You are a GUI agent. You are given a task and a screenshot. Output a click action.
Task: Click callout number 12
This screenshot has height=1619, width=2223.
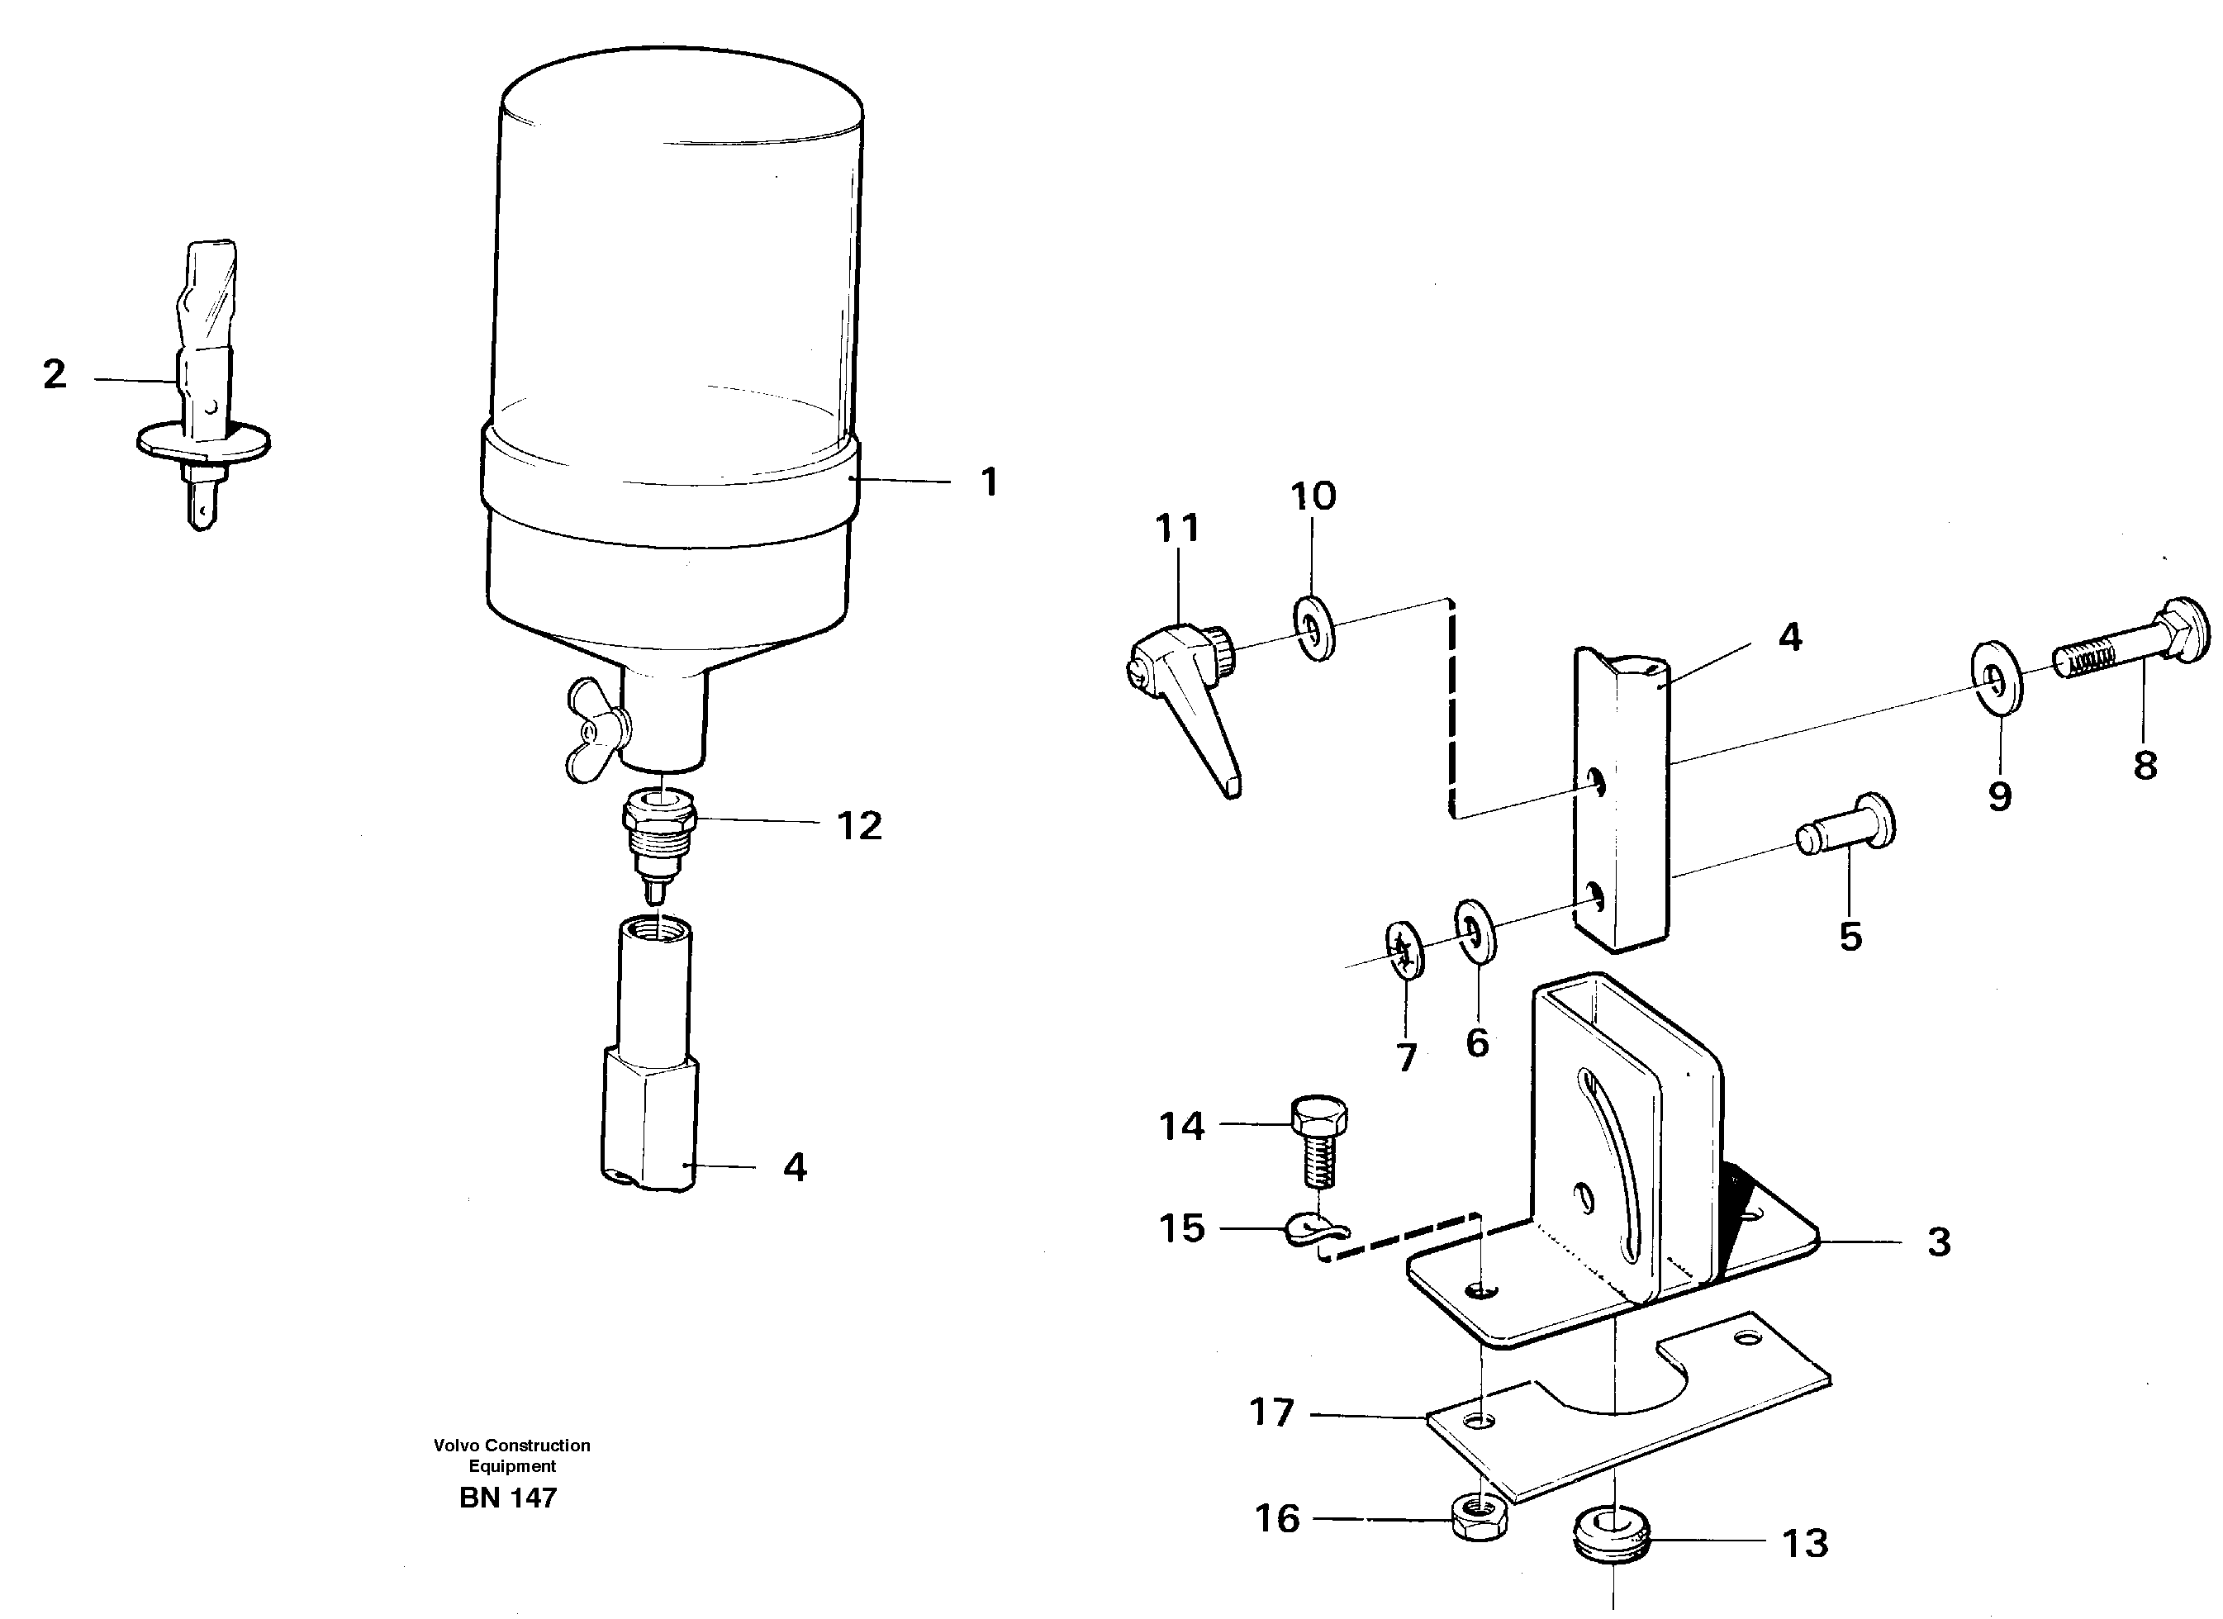[858, 826]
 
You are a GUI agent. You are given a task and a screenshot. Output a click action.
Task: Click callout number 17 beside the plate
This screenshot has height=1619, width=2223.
[1271, 1412]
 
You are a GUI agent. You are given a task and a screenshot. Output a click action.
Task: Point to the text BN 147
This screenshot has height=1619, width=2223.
[508, 1498]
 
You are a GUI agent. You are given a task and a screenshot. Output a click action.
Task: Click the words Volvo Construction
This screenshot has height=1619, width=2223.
[511, 1446]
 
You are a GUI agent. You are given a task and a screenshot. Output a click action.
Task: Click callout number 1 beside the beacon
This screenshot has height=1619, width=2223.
[989, 482]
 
